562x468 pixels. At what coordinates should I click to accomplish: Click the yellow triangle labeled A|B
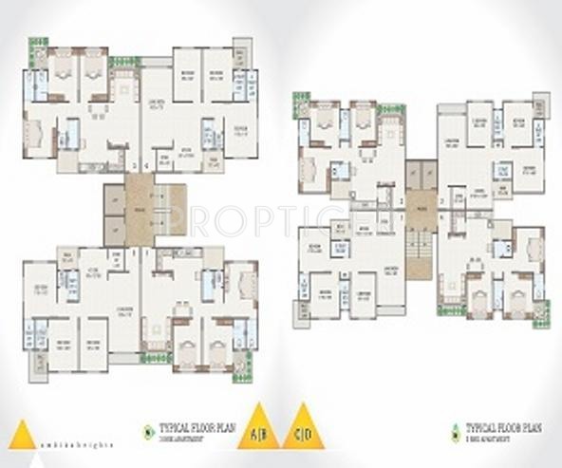pyautogui.click(x=257, y=428)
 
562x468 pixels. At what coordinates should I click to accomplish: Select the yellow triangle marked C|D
pyautogui.click(x=304, y=428)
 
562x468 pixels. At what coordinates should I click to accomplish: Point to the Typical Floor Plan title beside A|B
pyautogui.click(x=194, y=430)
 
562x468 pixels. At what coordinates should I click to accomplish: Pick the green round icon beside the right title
pyautogui.click(x=455, y=429)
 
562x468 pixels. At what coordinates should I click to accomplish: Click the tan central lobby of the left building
pyautogui.click(x=139, y=209)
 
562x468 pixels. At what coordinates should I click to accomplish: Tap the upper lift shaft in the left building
pyautogui.click(x=114, y=197)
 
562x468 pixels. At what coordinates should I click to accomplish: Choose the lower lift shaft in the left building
pyautogui.click(x=114, y=229)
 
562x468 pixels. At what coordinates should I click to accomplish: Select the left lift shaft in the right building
pyautogui.click(x=414, y=173)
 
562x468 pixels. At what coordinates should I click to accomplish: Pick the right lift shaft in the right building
pyautogui.click(x=429, y=173)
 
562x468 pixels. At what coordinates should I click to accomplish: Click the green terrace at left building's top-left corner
pyautogui.click(x=37, y=45)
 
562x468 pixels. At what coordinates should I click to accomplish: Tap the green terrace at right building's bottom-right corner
pyautogui.click(x=540, y=321)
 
